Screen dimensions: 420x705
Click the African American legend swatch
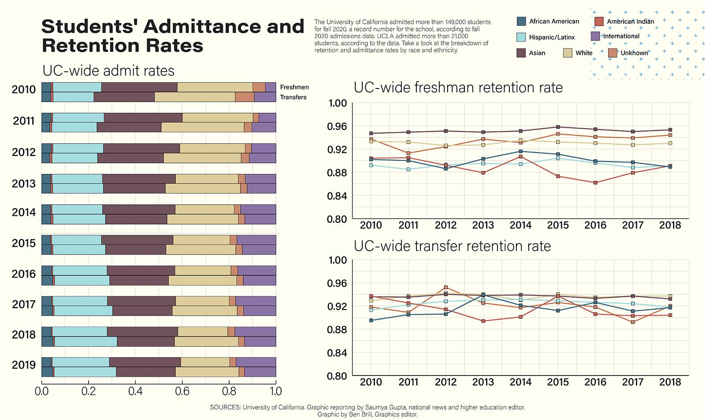tap(521, 21)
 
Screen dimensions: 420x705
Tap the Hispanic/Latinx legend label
tap(552, 37)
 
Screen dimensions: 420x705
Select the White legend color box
tap(568, 53)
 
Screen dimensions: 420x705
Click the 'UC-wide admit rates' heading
tap(108, 71)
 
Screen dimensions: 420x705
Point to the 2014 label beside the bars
tap(24, 213)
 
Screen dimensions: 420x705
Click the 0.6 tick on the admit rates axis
tap(182, 391)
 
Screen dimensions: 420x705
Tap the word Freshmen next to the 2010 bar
tap(294, 87)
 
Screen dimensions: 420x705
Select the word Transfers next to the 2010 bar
tap(293, 97)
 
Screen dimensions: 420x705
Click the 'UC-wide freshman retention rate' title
tap(458, 88)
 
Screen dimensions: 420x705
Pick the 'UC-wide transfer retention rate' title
tap(452, 246)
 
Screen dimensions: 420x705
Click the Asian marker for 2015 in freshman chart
tap(558, 127)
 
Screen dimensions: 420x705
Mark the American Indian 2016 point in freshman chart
tap(595, 183)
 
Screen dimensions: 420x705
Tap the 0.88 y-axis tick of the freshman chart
tap(337, 173)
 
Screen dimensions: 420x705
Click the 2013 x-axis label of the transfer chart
tap(483, 382)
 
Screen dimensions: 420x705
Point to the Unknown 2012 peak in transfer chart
tap(446, 287)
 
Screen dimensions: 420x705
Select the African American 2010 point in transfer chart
tap(371, 321)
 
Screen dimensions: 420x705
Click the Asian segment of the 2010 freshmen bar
tap(139, 87)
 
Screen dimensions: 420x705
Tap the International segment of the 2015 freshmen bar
tap(256, 240)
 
